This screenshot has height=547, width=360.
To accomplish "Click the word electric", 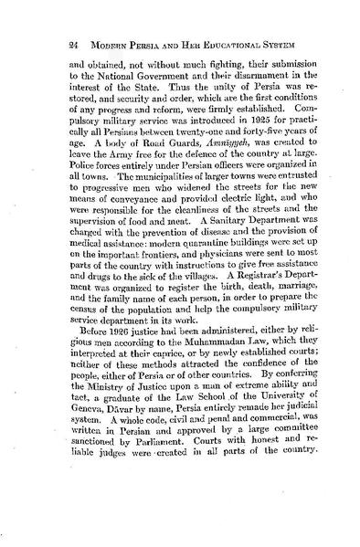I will [x=201, y=220].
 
